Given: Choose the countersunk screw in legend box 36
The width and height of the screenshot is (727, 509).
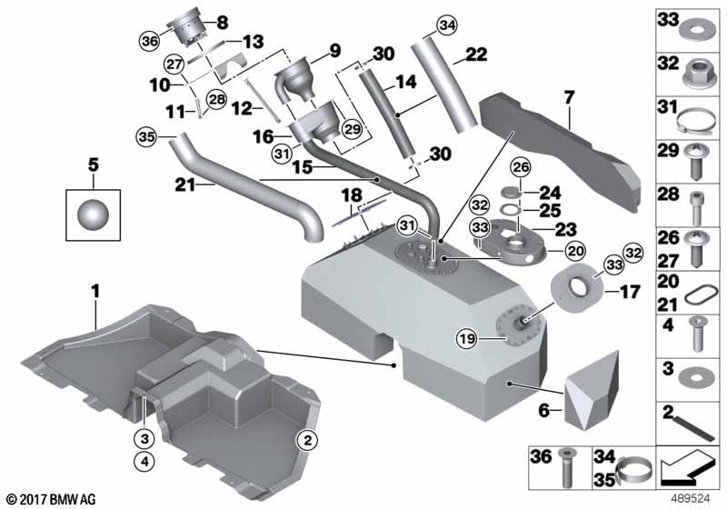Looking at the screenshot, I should point(567,465).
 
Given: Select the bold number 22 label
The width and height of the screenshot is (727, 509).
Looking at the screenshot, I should point(475,56).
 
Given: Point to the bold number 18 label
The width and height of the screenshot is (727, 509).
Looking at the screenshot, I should point(352,195).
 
